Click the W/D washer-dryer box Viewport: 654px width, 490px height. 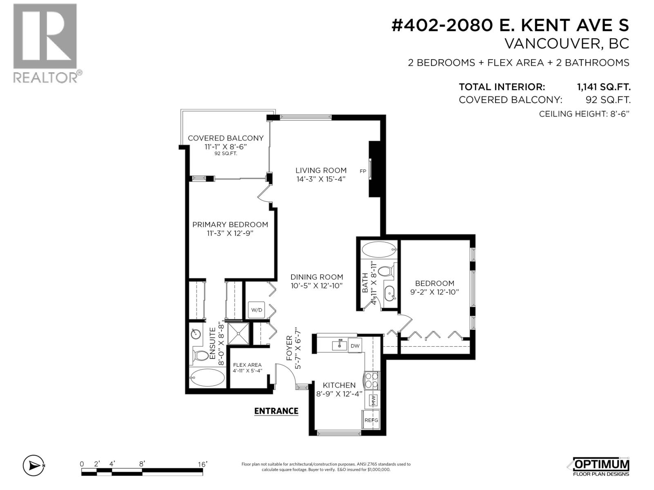point(257,310)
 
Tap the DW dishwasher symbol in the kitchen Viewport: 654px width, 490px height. point(355,346)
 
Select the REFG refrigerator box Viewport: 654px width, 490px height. point(371,420)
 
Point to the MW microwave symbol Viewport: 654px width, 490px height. point(373,400)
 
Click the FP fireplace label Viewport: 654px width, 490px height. point(363,171)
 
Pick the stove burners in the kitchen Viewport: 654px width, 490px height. point(372,380)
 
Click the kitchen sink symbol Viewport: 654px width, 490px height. point(339,345)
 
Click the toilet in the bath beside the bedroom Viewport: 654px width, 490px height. point(385,271)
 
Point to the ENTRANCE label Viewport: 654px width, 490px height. point(276,411)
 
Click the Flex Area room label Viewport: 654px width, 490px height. point(247,365)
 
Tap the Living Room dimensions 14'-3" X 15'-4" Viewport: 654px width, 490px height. point(321,179)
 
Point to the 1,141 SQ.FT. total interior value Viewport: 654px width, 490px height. point(604,87)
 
